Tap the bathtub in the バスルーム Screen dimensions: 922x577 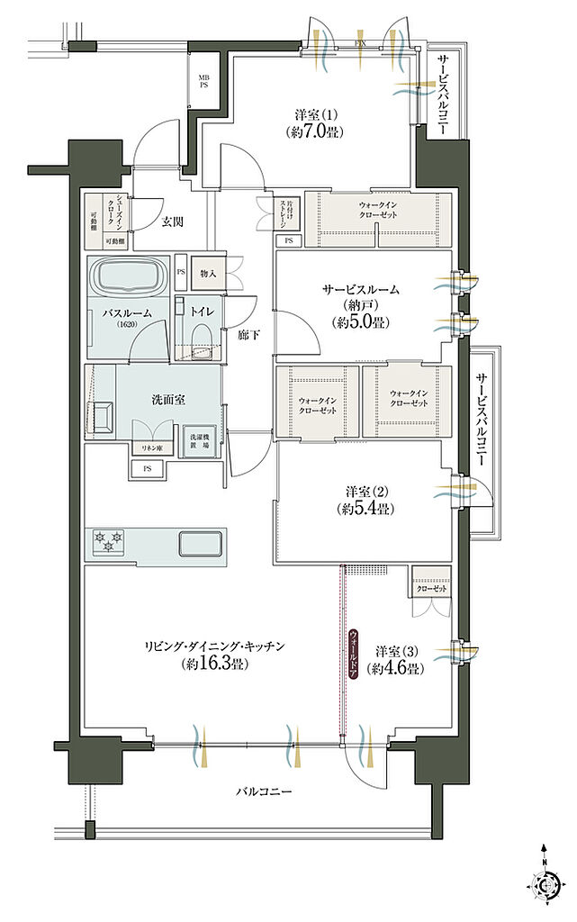coord(127,276)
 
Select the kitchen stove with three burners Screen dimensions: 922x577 coord(108,543)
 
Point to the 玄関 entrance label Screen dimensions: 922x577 coord(174,220)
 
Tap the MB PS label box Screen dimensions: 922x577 coord(203,81)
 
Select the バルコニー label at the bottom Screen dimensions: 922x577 coord(263,791)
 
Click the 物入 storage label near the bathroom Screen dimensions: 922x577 coord(207,273)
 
